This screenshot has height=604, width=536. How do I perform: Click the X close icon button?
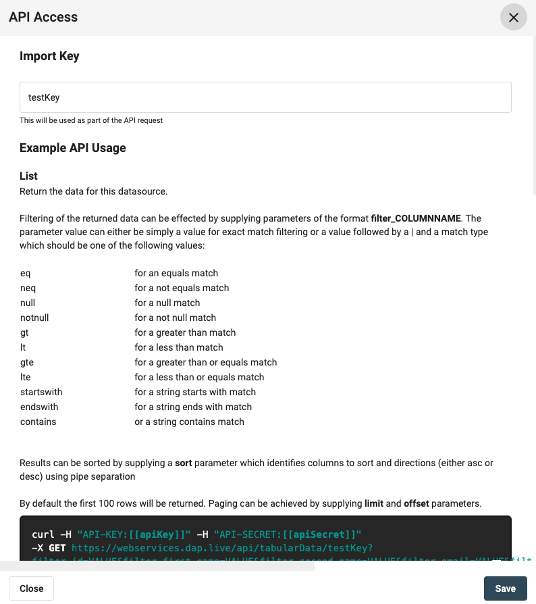(513, 18)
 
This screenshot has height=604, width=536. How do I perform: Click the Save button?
(505, 588)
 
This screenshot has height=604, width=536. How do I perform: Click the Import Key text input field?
(265, 97)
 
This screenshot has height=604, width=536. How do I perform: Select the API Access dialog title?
(43, 18)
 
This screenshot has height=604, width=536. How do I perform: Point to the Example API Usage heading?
(73, 148)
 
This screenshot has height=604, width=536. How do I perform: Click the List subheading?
(29, 176)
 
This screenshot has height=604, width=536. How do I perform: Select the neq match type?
(28, 288)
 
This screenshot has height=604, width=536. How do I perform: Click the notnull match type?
(34, 318)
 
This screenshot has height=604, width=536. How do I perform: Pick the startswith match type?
(41, 392)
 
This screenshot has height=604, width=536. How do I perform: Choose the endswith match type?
(39, 407)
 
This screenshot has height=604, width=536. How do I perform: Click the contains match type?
(38, 422)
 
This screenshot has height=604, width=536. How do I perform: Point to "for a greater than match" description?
(185, 332)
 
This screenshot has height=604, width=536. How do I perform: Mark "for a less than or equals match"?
(199, 377)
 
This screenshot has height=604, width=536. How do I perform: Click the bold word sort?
(184, 463)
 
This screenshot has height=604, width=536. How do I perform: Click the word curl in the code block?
(43, 535)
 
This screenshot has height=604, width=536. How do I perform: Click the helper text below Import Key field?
(91, 120)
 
